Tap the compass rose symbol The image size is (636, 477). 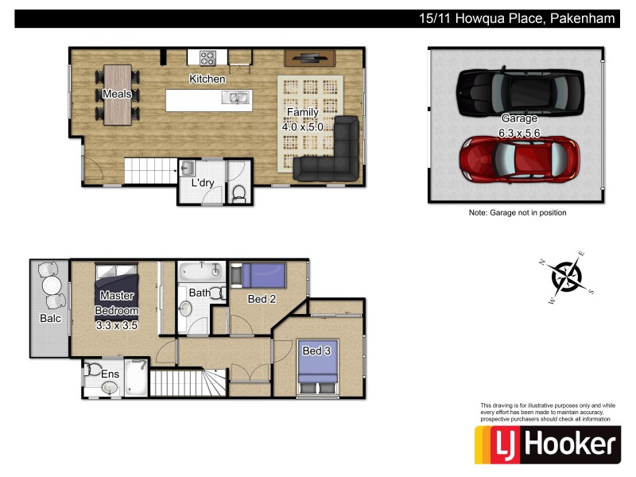[567, 277]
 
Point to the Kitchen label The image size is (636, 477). [207, 79]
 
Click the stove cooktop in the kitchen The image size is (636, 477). [207, 57]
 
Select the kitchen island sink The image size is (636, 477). [238, 99]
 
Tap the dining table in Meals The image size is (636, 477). [118, 95]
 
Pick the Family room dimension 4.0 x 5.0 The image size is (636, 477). [302, 126]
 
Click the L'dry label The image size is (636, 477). [202, 184]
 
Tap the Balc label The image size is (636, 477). [50, 319]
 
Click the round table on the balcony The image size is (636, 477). [51, 284]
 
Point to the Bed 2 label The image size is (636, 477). [262, 300]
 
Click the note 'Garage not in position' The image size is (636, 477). [517, 213]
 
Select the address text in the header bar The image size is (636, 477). [518, 18]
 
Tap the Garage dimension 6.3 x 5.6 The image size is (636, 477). [519, 134]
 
